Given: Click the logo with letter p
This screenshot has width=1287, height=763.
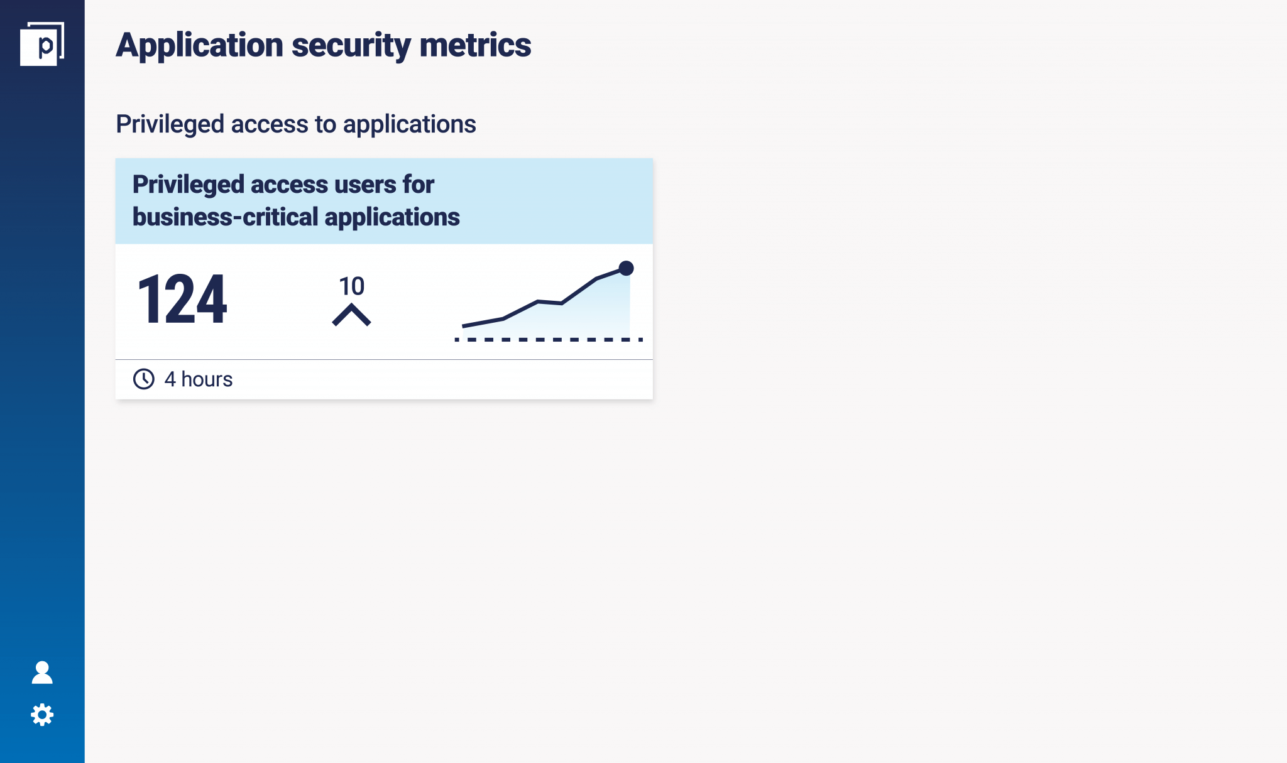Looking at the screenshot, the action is coord(42,44).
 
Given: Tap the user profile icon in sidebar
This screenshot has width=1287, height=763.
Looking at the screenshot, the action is coord(42,672).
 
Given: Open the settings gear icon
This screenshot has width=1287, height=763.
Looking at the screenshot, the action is coord(42,715).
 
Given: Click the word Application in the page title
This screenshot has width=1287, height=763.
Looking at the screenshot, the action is coord(200,46).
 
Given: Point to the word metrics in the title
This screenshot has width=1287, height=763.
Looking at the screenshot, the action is coord(475,45).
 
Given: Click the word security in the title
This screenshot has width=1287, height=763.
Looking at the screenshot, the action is coord(351,46).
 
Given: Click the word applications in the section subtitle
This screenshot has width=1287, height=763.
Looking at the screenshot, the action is coord(410,124).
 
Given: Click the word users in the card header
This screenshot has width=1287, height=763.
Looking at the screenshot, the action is coord(365,185).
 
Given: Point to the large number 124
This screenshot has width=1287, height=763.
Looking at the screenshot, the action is coord(182,300).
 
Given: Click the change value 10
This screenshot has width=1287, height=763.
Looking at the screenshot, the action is coord(351,286).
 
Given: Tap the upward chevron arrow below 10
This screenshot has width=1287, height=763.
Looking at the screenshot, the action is coord(351,315).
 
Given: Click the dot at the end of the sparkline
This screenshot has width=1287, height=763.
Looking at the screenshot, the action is coord(626,268).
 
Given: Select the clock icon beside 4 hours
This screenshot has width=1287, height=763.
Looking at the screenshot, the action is coord(144,379).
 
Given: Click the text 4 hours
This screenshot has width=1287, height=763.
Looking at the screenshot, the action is coord(199,379).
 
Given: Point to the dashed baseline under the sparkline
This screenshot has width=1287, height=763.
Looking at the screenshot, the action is coord(549,340).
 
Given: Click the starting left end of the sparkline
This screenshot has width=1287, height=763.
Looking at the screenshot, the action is coord(463,326).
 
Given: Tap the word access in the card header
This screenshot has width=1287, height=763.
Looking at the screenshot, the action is coord(290,185).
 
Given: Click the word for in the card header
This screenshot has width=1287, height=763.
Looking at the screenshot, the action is coord(419,185).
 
